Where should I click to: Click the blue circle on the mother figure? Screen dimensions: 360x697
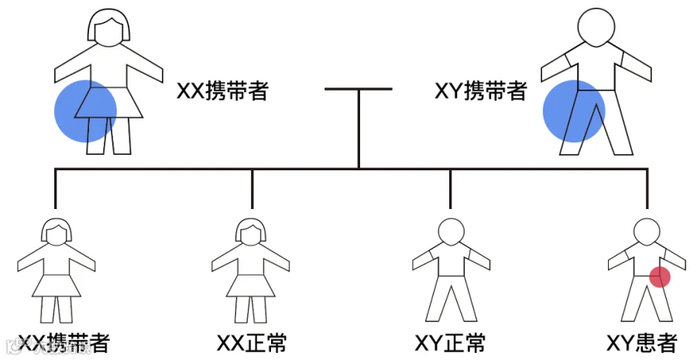(x=85, y=111)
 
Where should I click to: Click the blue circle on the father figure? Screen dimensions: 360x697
(x=573, y=111)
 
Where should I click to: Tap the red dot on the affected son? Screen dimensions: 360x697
(x=659, y=276)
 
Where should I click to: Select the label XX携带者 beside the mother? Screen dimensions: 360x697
(x=223, y=91)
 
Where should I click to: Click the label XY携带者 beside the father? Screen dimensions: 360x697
(x=480, y=91)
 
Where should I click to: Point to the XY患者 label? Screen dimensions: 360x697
(x=642, y=343)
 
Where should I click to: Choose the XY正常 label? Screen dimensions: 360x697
(x=450, y=343)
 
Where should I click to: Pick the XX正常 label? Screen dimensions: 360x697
(x=252, y=343)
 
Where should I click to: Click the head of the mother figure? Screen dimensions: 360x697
(x=108, y=31)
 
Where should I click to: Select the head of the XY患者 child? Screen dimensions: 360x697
(x=647, y=231)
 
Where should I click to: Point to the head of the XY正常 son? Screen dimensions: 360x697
(x=450, y=231)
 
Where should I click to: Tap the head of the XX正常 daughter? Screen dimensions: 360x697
(x=252, y=231)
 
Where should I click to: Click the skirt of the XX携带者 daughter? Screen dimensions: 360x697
(x=56, y=286)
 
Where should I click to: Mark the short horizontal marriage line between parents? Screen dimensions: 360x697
(x=358, y=89)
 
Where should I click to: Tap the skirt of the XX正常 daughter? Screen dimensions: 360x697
(x=252, y=286)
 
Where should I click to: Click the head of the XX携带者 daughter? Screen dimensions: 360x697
(x=56, y=231)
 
